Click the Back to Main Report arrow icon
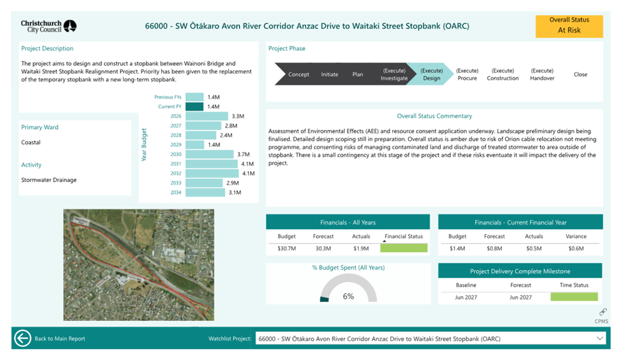click(22, 338)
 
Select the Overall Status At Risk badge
click(569, 26)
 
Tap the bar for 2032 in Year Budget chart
click(212, 173)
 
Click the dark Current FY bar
click(194, 107)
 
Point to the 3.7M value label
click(243, 154)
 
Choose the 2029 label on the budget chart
click(176, 145)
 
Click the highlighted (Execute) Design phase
click(431, 74)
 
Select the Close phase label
click(580, 74)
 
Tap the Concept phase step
click(298, 74)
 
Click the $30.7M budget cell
click(287, 248)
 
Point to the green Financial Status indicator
click(404, 248)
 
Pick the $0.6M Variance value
click(576, 248)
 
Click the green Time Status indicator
click(574, 297)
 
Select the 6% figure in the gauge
click(349, 296)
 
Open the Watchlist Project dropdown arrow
click(599, 338)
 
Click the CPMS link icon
click(603, 312)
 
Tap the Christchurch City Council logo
click(49, 26)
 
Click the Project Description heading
click(47, 48)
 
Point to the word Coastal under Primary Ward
click(31, 143)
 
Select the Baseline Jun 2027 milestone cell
click(466, 297)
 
